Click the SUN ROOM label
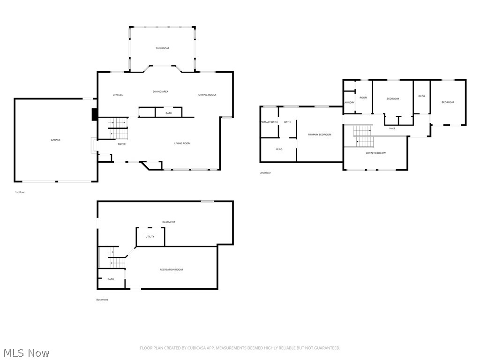coord(162,48)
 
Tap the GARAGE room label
coord(55,140)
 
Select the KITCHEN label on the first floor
coord(118,95)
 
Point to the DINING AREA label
coord(160,91)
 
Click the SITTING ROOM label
coord(207,95)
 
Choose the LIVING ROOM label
coord(182,143)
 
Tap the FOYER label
coord(121,144)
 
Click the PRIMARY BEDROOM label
coord(319,135)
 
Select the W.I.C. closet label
coord(279,149)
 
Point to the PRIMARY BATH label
coord(269,122)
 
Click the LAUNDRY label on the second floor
coord(349,102)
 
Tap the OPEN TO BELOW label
coord(375,153)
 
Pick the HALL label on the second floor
coord(392,128)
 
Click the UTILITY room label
coord(150,236)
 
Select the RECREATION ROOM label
coord(171,270)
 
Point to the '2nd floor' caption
coord(265,173)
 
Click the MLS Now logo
coord(26,352)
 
